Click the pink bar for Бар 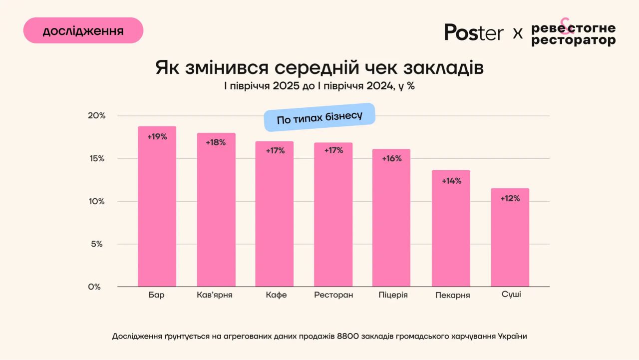(x=157, y=210)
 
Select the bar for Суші (x=510, y=240)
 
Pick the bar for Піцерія (x=391, y=220)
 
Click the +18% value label (x=216, y=142)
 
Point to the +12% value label (x=510, y=198)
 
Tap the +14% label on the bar (x=451, y=181)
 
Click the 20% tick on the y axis (x=97, y=116)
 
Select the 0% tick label (x=95, y=287)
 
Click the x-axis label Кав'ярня (x=215, y=295)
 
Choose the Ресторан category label (x=333, y=295)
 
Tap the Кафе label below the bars (x=276, y=295)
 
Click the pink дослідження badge (x=83, y=31)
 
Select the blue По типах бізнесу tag (x=319, y=117)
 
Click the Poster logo (x=474, y=32)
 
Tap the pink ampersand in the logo (x=565, y=26)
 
